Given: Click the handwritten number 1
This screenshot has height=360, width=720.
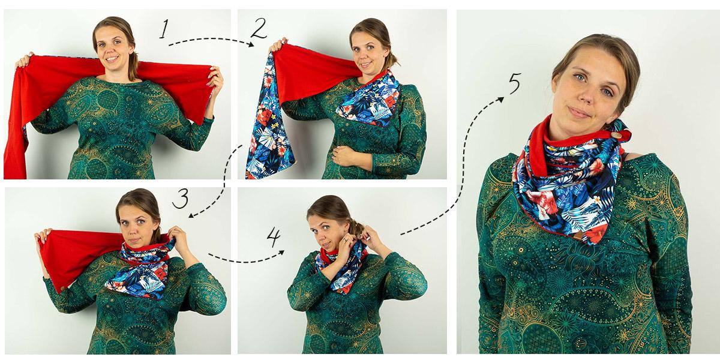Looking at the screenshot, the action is click(x=164, y=29).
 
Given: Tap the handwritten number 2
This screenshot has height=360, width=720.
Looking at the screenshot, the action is click(x=259, y=28).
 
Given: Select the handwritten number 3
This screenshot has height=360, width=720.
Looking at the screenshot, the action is click(x=181, y=199).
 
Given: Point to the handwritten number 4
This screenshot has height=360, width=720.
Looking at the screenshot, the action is click(x=274, y=236).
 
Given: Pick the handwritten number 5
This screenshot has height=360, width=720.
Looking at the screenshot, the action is click(x=514, y=83).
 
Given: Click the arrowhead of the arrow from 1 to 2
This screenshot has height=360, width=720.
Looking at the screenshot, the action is click(x=251, y=44).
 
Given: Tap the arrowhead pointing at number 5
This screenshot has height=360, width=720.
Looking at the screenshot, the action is click(x=500, y=100).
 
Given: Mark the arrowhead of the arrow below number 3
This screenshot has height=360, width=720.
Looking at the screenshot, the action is click(x=191, y=215).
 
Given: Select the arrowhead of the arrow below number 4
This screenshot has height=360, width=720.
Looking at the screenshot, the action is click(x=281, y=253).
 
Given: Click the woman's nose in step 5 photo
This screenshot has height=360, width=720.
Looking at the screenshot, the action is click(x=587, y=95).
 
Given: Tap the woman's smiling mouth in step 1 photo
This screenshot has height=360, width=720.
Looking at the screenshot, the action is click(x=112, y=59).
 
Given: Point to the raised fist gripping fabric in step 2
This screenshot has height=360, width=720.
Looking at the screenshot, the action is click(x=278, y=45).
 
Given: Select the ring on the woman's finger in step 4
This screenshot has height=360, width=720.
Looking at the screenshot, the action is click(x=345, y=239).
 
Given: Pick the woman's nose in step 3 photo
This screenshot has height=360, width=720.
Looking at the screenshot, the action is click(x=136, y=227).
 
